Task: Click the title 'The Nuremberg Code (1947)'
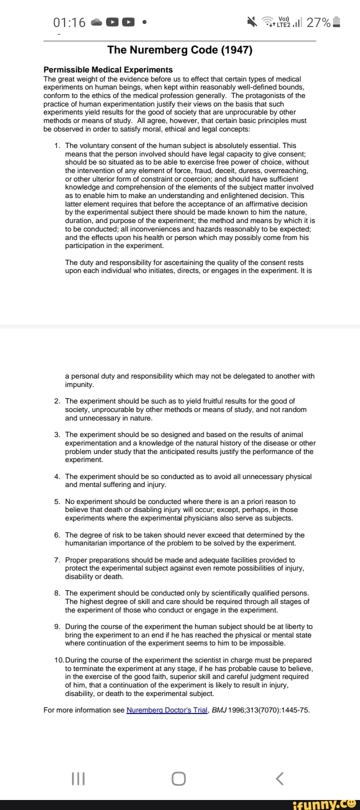pyautogui.click(x=180, y=50)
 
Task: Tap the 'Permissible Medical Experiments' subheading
pyautogui.click(x=108, y=70)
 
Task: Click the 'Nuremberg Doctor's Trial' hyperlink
pyautogui.click(x=167, y=710)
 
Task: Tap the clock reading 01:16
pyautogui.click(x=69, y=22)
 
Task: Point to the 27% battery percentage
pyautogui.click(x=318, y=22)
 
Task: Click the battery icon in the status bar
pyautogui.click(x=336, y=22)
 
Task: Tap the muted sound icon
pyautogui.click(x=251, y=22)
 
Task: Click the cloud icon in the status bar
pyautogui.click(x=97, y=22)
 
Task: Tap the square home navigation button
pyautogui.click(x=178, y=778)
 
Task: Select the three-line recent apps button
pyautogui.click(x=78, y=778)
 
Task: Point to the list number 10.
pyautogui.click(x=58, y=660)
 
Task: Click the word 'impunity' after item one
pyautogui.click(x=79, y=384)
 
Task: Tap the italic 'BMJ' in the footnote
pyautogui.click(x=219, y=710)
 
